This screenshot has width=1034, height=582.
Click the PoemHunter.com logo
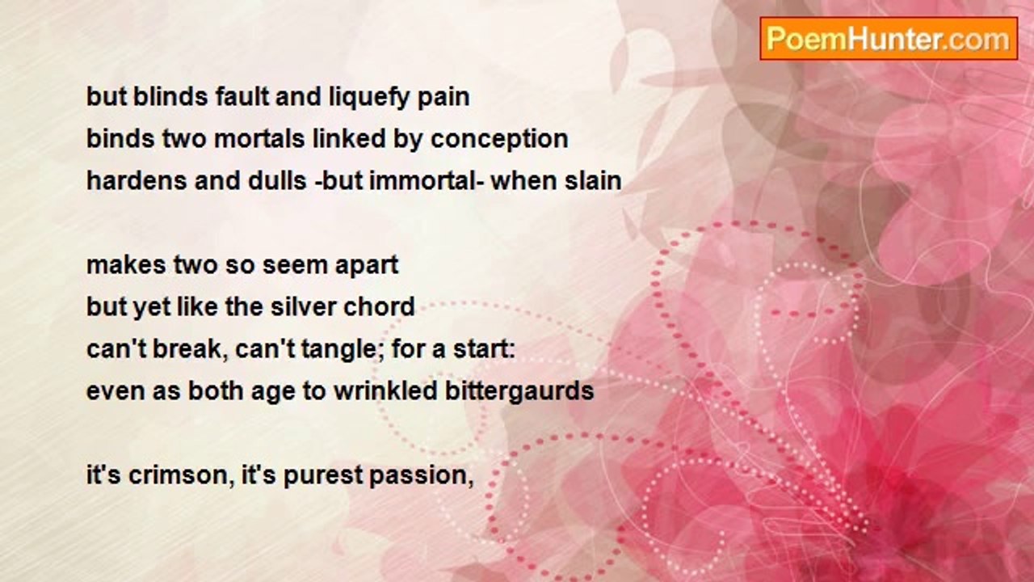pos(889,39)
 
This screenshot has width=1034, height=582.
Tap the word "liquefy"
pos(369,98)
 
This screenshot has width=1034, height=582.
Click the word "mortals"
pos(259,139)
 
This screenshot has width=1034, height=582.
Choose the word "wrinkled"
pos(386,391)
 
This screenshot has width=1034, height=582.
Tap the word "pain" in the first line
pos(443,98)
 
